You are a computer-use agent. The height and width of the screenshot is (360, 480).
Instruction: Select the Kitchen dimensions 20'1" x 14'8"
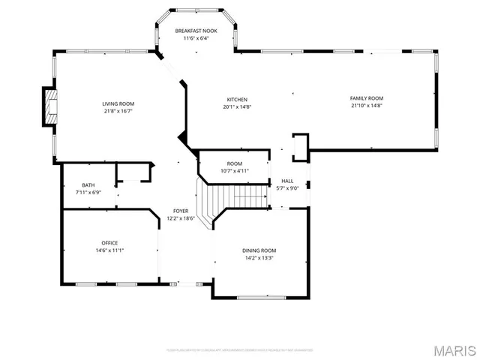tap(237, 106)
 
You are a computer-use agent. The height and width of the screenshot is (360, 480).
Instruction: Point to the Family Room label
tap(367, 98)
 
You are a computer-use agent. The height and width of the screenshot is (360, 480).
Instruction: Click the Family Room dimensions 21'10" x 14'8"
tap(367, 106)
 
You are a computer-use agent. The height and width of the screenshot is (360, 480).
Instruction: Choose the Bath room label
tap(88, 185)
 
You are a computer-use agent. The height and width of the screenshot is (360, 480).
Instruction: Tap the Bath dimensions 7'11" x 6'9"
tap(88, 193)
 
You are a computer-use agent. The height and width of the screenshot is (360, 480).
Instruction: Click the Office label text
tap(109, 243)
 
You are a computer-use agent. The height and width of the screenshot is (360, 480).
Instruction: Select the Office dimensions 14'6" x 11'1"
tap(109, 250)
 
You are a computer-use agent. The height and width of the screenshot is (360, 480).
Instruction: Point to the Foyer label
tap(180, 211)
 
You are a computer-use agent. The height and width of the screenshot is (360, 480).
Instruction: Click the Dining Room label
tap(259, 250)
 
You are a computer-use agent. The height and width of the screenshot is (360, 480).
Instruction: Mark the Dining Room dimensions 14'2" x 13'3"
tap(259, 258)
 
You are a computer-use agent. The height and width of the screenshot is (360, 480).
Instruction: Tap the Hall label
tap(287, 181)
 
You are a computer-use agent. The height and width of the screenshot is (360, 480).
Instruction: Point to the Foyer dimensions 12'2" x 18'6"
tap(180, 219)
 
